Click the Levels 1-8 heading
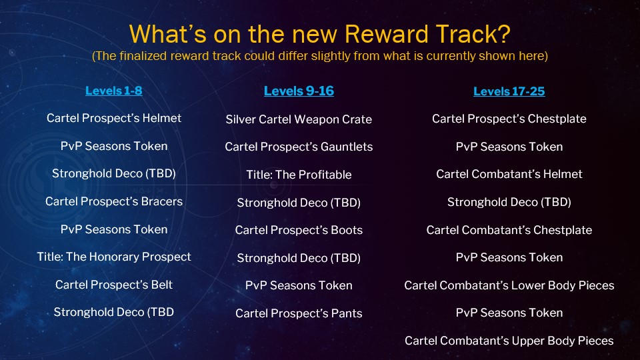[113, 91]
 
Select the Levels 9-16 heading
[299, 91]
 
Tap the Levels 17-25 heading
[509, 91]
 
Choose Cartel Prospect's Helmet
[114, 118]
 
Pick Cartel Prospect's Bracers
[114, 201]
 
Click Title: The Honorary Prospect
[114, 257]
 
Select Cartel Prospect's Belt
[114, 285]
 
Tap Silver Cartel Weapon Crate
[299, 119]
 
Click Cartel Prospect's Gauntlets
[299, 147]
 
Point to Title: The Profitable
[299, 175]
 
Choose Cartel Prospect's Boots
[299, 230]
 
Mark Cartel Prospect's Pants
[299, 313]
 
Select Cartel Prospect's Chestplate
[509, 119]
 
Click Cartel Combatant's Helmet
[509, 174]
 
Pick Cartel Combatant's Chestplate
[509, 230]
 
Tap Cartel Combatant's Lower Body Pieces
[509, 285]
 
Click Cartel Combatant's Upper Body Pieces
[509, 341]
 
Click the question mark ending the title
[504, 34]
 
